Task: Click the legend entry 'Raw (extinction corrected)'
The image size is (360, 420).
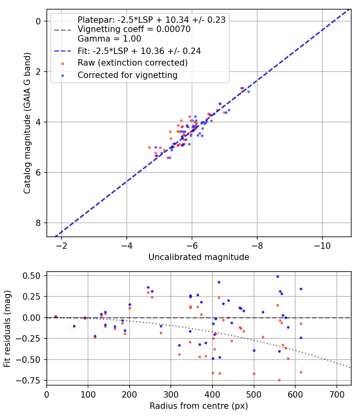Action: pyautogui.click(x=132, y=63)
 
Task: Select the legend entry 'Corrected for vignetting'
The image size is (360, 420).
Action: pyautogui.click(x=128, y=75)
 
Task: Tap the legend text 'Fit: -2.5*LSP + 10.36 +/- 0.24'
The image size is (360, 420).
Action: pyautogui.click(x=139, y=51)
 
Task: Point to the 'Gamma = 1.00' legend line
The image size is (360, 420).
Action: pyautogui.click(x=109, y=39)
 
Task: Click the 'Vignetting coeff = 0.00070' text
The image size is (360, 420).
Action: pyautogui.click(x=134, y=29)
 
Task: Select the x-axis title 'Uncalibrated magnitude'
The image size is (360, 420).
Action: pyautogui.click(x=199, y=257)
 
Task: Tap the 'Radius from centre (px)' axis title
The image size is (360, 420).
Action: pyautogui.click(x=199, y=406)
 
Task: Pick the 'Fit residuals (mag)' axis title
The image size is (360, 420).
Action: pyautogui.click(x=7, y=329)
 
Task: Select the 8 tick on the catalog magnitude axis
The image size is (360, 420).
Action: pyautogui.click(x=39, y=223)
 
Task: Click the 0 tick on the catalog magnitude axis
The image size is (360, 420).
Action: pyautogui.click(x=39, y=21)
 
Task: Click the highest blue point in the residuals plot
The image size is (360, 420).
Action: pyautogui.click(x=278, y=276)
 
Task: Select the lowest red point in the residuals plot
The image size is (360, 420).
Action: pyautogui.click(x=279, y=380)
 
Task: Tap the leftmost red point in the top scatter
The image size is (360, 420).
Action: pyautogui.click(x=149, y=147)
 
